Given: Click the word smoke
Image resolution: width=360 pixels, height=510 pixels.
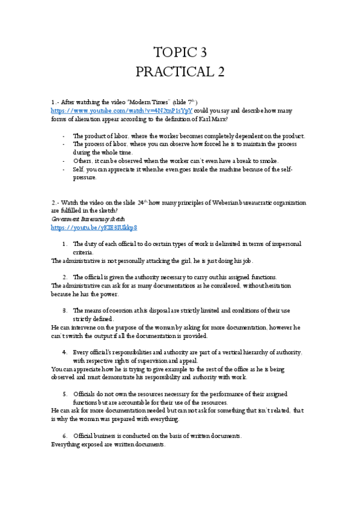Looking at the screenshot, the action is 268,161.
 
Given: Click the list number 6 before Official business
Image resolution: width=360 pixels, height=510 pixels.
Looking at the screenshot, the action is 64,435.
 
